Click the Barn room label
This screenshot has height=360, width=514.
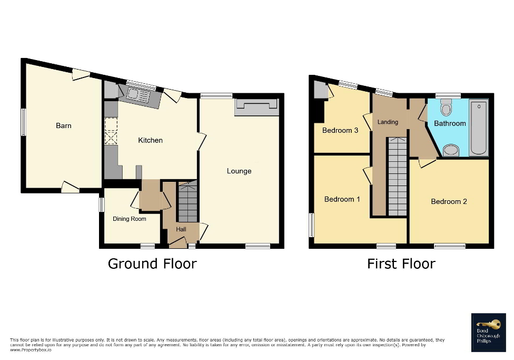click(64, 125)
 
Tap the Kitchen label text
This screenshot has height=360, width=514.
click(150, 140)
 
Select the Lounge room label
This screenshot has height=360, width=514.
click(239, 171)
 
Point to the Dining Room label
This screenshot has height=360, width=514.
click(130, 219)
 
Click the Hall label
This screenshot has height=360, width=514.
click(181, 229)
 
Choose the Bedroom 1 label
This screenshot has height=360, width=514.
click(342, 199)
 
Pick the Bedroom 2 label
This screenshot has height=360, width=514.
click(449, 201)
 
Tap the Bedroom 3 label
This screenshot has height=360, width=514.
click(340, 130)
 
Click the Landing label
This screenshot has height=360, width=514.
click(388, 122)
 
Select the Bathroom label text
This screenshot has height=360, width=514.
click(450, 123)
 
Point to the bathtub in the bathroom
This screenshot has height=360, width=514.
click(479, 128)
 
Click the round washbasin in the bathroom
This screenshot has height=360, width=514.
click(450, 151)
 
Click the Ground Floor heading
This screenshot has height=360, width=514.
click(152, 264)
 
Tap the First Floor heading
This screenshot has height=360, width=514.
click(401, 264)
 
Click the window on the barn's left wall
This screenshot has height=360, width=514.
click(23, 122)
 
